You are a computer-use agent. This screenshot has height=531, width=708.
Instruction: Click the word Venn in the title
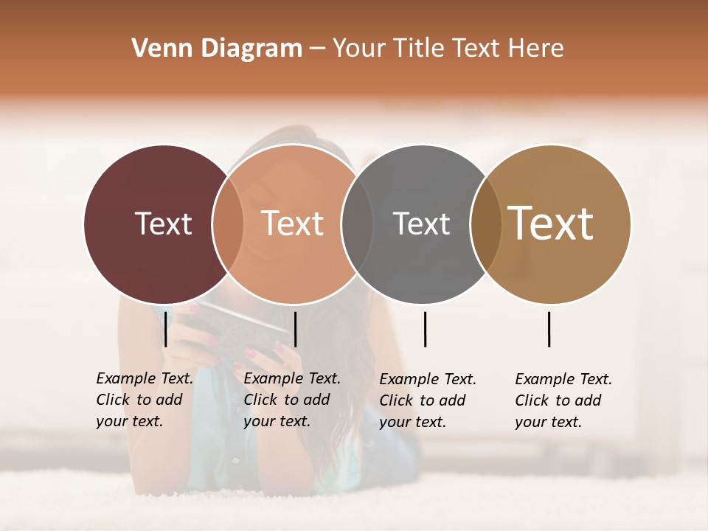coord(156,49)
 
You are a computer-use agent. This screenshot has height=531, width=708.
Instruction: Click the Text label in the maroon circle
coord(163,223)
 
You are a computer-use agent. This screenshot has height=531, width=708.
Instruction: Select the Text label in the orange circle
coord(292,223)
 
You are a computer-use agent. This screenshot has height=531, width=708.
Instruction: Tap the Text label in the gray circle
coord(421,223)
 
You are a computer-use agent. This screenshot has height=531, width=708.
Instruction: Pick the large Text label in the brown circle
coord(551,223)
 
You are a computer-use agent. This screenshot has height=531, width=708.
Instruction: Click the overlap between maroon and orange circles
coord(228,223)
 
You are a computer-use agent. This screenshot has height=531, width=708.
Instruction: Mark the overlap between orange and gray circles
coord(357,223)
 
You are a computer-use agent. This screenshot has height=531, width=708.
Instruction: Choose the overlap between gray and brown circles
coord(486,223)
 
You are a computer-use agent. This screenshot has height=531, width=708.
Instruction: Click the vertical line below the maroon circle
coord(166,329)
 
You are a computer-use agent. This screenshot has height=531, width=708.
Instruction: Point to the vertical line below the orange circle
coord(295,329)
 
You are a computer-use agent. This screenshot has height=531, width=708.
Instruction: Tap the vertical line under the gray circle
coord(425,329)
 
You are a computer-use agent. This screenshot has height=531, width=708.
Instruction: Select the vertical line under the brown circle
coord(549,329)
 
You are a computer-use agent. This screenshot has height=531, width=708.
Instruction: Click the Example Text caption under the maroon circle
coord(145,400)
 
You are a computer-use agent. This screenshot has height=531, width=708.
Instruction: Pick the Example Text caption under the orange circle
coord(292,400)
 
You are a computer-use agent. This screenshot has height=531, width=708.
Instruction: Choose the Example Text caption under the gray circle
coord(428,400)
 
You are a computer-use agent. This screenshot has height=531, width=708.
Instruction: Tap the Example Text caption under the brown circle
coord(563,400)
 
